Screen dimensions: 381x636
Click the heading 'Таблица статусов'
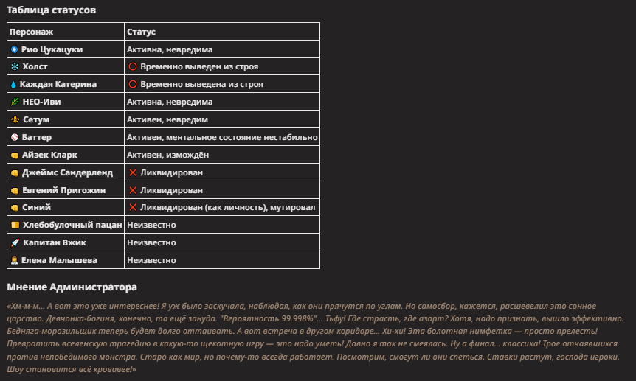50,10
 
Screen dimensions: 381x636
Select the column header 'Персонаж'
31,32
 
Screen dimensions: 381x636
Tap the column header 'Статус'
141,32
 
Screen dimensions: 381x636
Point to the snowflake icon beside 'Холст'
15,67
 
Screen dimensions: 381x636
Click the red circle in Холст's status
133,67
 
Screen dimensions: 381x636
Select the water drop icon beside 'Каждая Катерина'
14,85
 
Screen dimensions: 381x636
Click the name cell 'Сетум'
36,119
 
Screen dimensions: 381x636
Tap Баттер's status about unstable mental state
222,137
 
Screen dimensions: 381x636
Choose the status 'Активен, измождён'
168,155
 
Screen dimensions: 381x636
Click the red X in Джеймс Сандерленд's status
133,172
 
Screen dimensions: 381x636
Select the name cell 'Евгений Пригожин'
63,190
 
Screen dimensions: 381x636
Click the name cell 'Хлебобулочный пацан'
72,225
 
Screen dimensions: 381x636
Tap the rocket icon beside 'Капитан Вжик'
15,242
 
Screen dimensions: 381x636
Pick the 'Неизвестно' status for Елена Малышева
151,260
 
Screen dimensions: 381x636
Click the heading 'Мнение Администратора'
72,287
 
